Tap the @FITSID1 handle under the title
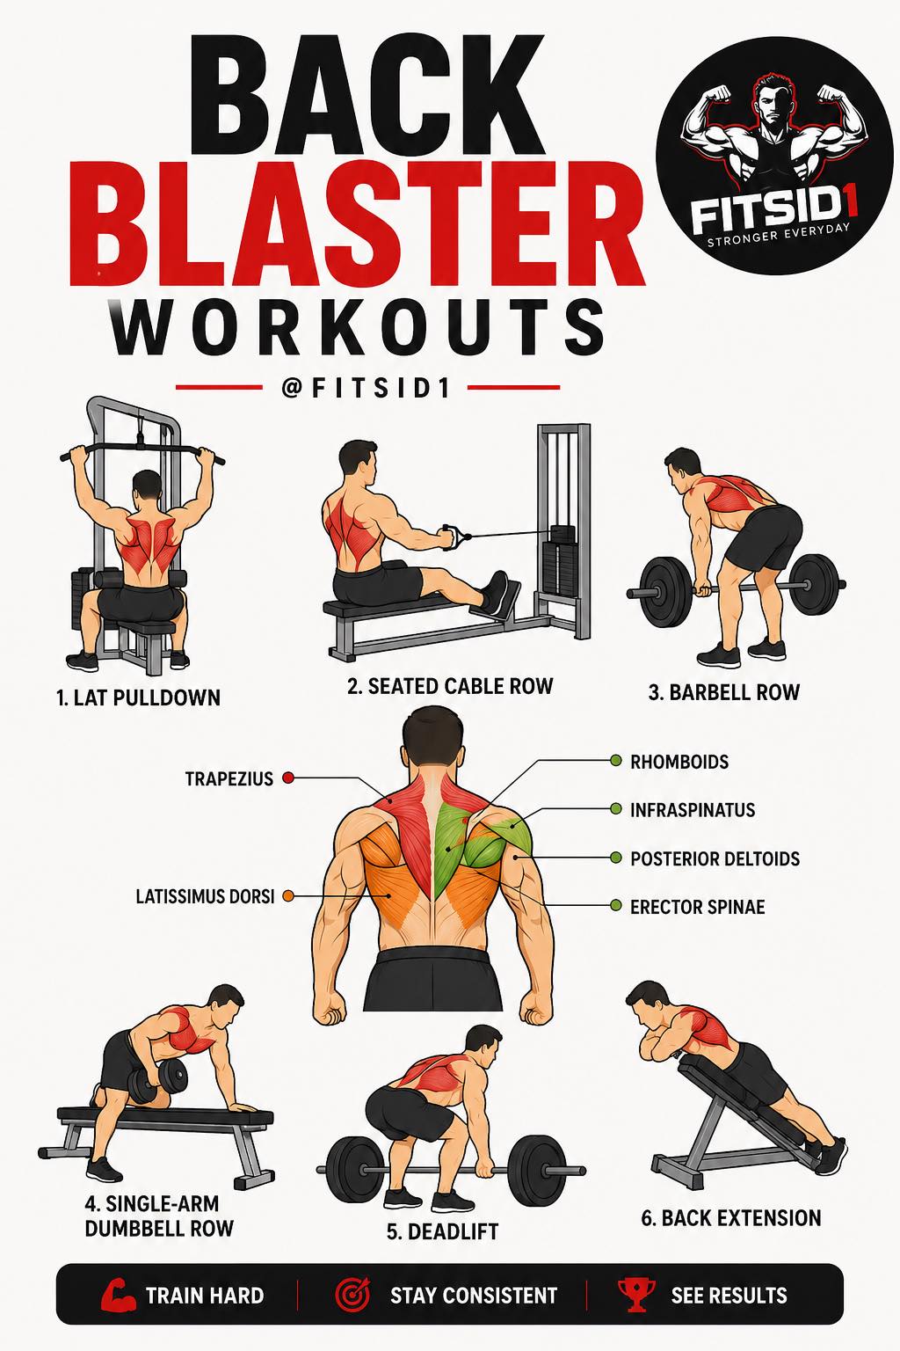(367, 389)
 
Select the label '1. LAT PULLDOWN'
(138, 697)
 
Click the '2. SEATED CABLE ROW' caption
(450, 686)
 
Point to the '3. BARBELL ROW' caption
(723, 692)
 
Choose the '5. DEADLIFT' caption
(442, 1231)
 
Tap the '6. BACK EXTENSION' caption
(730, 1217)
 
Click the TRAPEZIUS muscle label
(229, 778)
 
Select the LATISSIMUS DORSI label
(205, 896)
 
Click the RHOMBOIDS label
(679, 762)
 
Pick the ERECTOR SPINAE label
(698, 907)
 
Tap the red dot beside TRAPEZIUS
(288, 778)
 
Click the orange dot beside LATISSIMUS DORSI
(288, 896)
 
